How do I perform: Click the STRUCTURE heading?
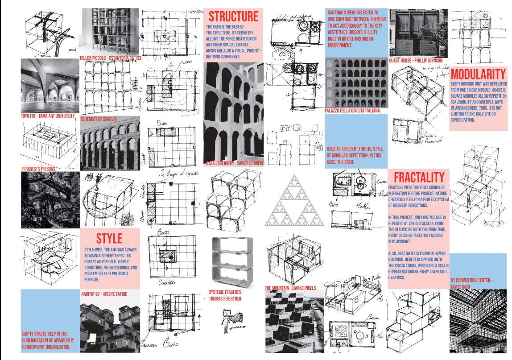[233, 17]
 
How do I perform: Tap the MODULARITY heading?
[478, 74]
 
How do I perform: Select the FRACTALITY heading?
[419, 177]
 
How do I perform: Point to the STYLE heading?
[109, 237]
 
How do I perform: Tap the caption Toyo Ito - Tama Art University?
[48, 116]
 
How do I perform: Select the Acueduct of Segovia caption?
[99, 119]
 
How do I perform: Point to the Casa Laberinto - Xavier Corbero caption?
[235, 163]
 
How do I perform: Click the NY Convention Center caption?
[471, 283]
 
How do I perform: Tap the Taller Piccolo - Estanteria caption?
[110, 58]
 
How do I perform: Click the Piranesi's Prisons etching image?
[50, 199]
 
